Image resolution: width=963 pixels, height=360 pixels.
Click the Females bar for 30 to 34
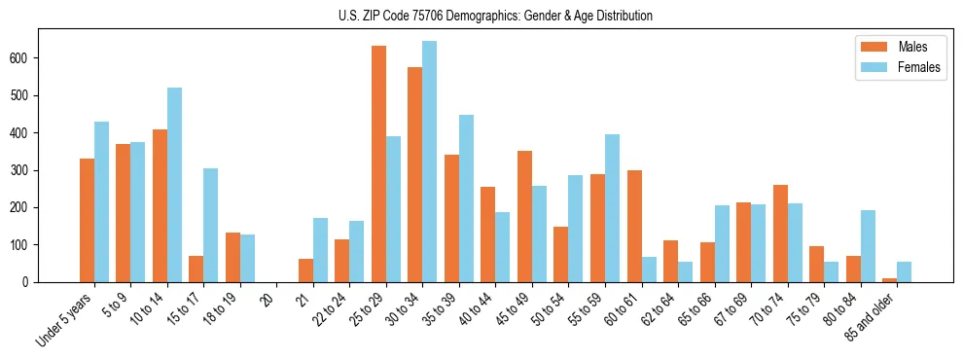[430, 162]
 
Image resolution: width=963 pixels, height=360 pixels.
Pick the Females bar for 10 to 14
[174, 185]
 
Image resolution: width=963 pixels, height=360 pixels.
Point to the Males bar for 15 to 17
[196, 269]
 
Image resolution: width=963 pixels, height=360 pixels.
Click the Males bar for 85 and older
[889, 280]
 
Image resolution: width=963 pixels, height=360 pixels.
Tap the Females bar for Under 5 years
[101, 201]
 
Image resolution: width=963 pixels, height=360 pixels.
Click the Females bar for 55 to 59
[612, 208]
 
